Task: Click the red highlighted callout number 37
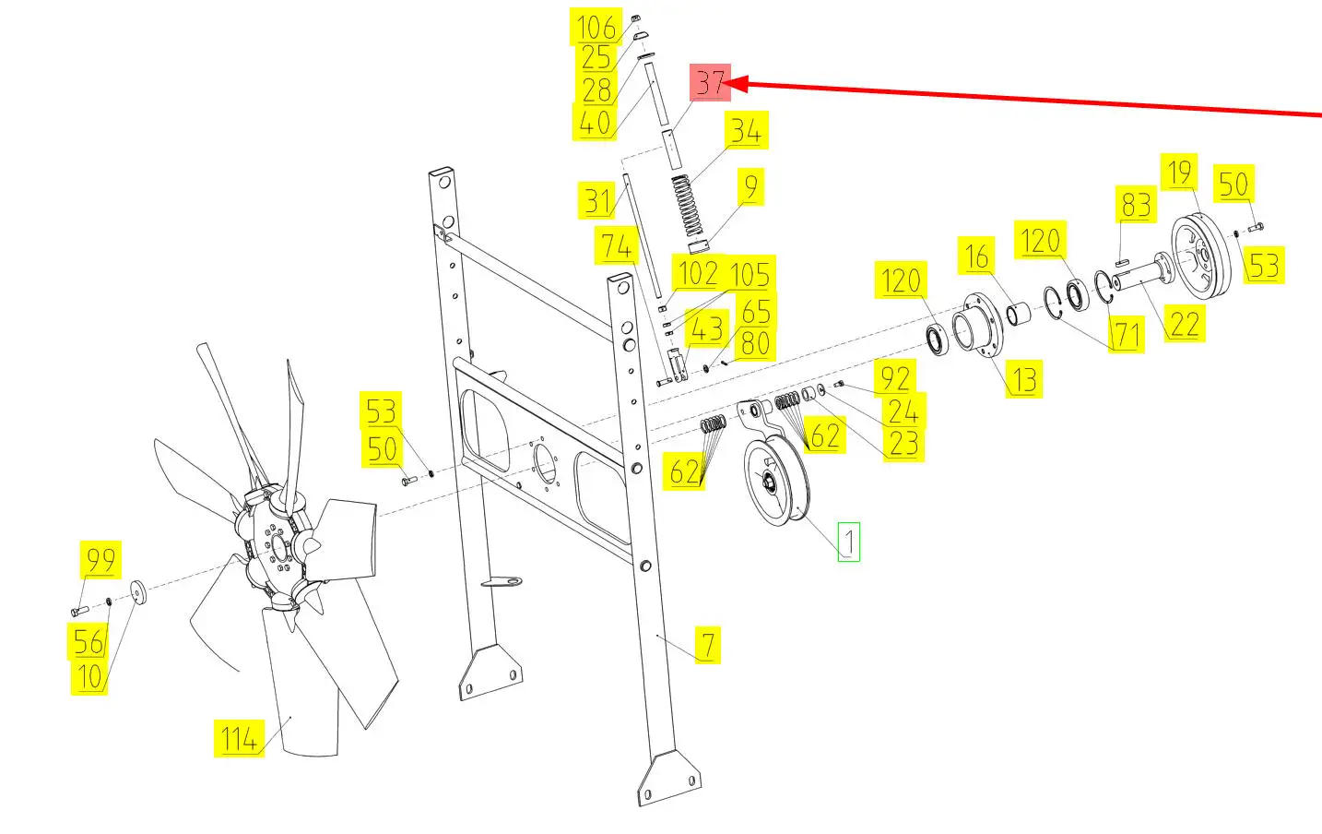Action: [711, 83]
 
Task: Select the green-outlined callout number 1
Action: [849, 542]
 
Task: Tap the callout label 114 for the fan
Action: [239, 738]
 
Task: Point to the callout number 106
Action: [596, 27]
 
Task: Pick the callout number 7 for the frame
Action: [708, 645]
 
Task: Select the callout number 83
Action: [1136, 205]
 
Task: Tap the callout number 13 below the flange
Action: [1024, 379]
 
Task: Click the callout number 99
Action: [100, 559]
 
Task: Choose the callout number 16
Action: [976, 256]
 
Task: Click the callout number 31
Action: [598, 200]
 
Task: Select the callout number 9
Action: [750, 186]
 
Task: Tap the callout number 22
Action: [1185, 324]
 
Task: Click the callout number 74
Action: [616, 245]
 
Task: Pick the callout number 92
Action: [895, 377]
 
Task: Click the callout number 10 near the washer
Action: [89, 676]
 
